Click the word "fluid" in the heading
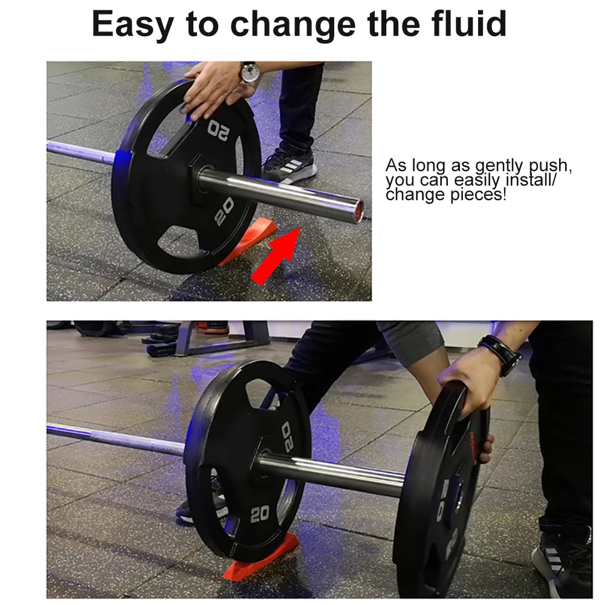pos(469,24)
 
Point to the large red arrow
pos(276,256)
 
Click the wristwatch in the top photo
pos(250,72)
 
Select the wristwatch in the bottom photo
pos(502,354)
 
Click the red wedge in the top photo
pos(250,239)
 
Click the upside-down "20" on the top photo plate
pos(219,130)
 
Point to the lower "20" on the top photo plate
pos(224,212)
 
